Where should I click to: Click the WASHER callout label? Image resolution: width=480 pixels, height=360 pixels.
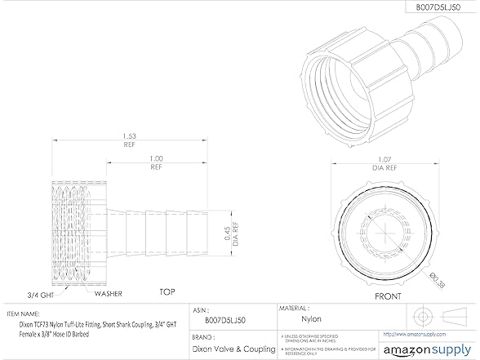pos(108,292)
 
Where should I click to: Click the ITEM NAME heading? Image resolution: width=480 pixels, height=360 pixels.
pos(24,312)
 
